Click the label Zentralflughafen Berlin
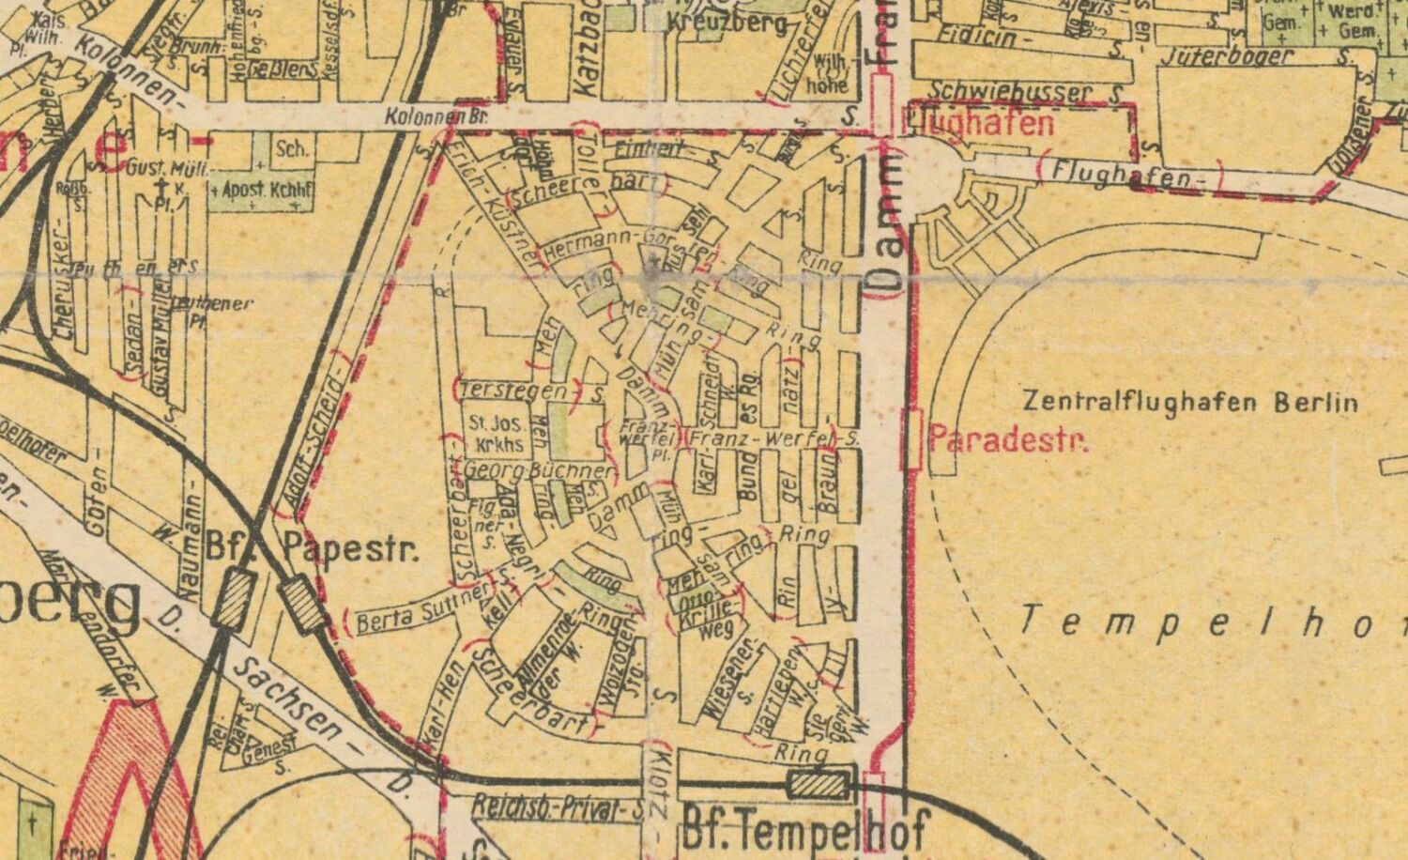click(x=1190, y=403)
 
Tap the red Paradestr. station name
click(x=1009, y=439)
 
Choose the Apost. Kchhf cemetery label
click(x=262, y=191)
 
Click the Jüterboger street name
click(x=1227, y=55)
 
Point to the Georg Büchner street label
click(x=539, y=469)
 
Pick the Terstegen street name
click(x=513, y=390)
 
